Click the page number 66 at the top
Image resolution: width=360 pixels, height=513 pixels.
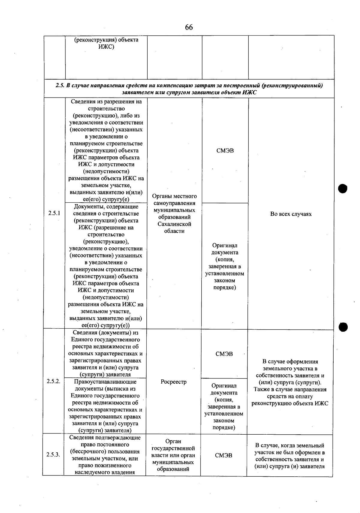189,27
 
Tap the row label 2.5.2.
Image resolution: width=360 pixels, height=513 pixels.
53,381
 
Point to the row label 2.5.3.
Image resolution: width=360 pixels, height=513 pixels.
53,455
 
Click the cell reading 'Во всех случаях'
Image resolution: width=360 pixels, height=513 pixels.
291,214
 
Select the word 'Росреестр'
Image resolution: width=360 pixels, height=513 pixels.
173,382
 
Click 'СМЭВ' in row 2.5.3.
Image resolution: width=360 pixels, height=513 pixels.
223,455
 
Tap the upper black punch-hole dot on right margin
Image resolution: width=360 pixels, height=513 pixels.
342,189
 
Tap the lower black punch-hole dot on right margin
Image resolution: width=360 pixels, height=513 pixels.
343,327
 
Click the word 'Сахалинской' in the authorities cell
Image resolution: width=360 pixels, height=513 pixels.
174,224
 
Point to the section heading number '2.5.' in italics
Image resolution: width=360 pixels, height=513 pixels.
60,86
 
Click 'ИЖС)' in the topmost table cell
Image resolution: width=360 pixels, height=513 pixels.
106,47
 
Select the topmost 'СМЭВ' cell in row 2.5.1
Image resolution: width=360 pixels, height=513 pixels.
225,151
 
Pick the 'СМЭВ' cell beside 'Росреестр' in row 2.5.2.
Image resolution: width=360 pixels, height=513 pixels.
224,354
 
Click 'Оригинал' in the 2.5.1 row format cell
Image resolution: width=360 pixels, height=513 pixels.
225,246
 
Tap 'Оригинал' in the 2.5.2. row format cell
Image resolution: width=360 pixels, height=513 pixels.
224,386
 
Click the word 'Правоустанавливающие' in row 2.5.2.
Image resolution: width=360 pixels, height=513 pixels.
105,382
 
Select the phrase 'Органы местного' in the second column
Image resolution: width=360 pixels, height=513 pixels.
174,196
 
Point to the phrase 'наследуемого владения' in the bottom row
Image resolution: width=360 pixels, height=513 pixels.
105,472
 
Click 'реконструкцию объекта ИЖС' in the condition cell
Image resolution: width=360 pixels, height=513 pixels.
290,403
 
